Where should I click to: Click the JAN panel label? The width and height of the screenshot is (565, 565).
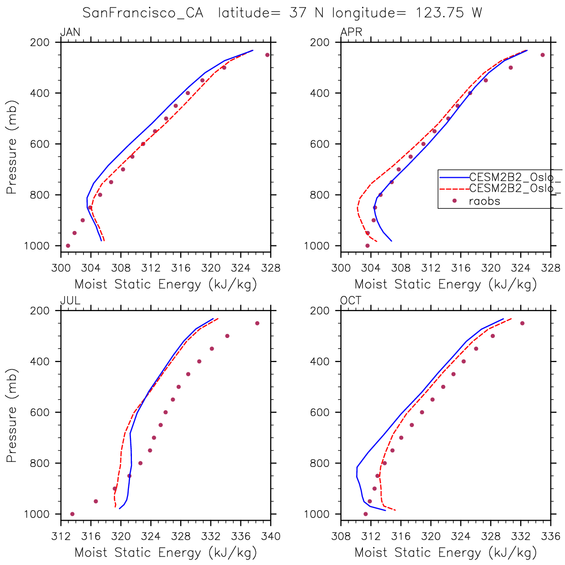tap(70, 33)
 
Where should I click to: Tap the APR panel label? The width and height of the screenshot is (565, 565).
tap(351, 33)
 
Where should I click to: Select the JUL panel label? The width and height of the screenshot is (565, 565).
tap(70, 301)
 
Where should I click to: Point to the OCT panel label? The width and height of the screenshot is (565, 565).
tap(351, 301)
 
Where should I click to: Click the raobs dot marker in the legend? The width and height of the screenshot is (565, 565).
tap(454, 201)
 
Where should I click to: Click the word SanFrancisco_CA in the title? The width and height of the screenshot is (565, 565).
tap(143, 13)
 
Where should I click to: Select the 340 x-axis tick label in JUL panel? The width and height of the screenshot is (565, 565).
tap(271, 537)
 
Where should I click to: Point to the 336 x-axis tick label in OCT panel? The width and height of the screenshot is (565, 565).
tap(551, 537)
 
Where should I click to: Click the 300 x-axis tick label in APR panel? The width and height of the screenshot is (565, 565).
tap(341, 269)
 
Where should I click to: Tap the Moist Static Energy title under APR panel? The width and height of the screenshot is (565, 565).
tap(446, 285)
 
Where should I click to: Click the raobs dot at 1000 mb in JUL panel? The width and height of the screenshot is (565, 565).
tap(72, 514)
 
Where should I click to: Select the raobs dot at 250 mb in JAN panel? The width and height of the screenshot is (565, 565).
tap(267, 55)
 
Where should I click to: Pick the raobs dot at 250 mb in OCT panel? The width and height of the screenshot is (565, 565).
tap(522, 323)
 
